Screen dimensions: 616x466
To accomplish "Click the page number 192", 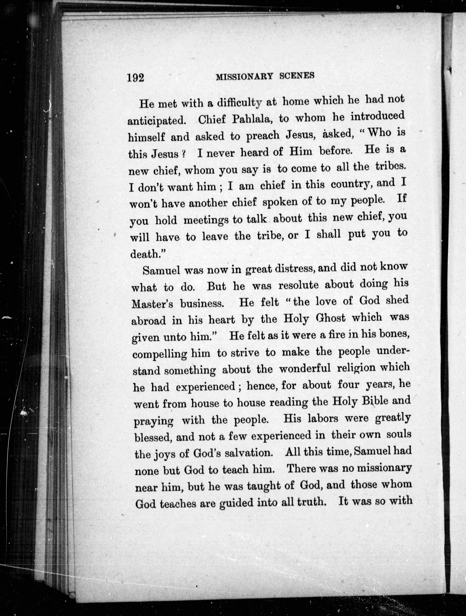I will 136,77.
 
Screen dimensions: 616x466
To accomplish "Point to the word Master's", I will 152,304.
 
